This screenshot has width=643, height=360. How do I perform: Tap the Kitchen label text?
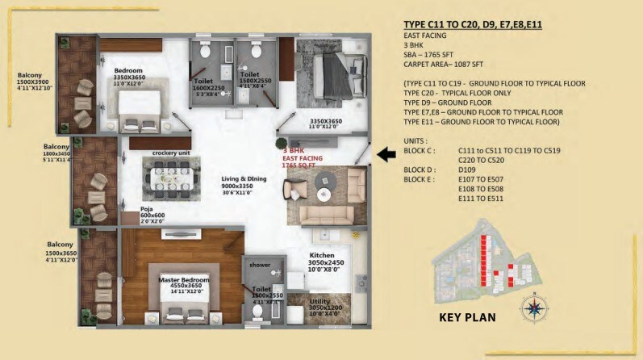[x=327, y=255]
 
